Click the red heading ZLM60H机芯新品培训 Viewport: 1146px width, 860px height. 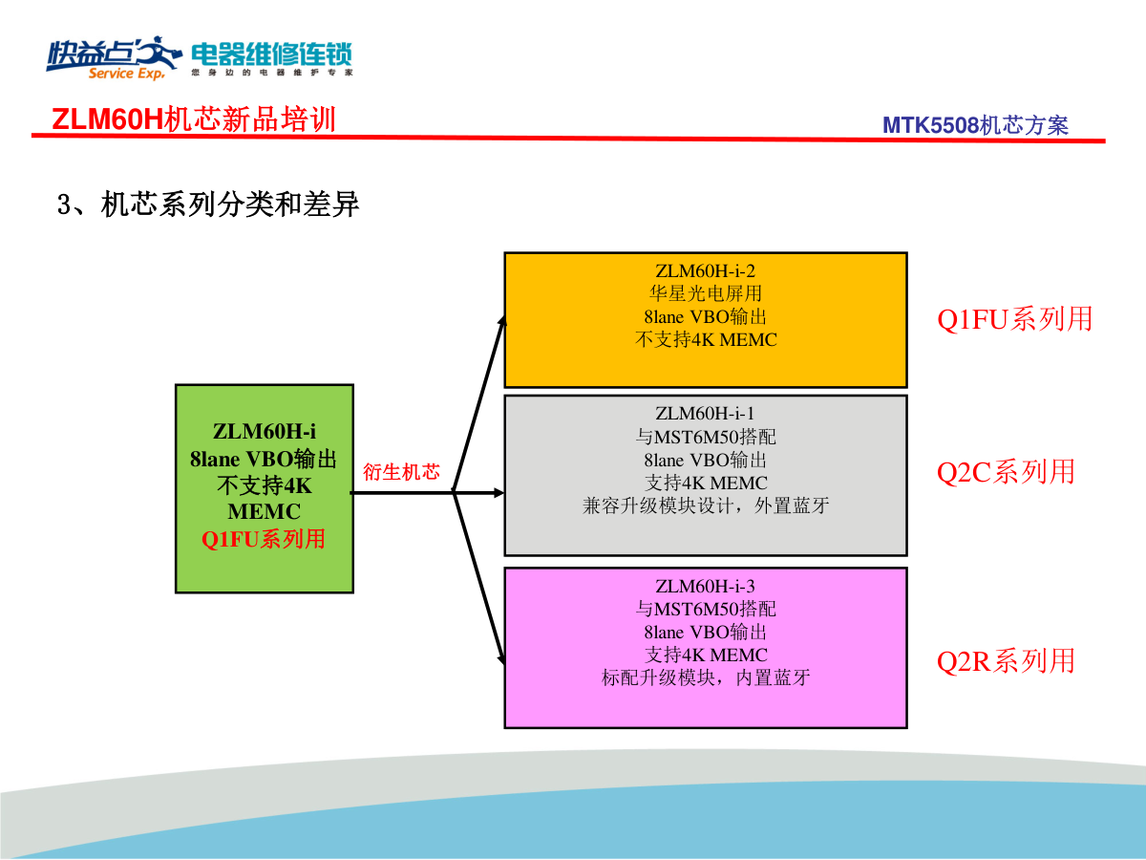click(x=193, y=119)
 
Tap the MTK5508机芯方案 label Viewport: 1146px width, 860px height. click(x=975, y=125)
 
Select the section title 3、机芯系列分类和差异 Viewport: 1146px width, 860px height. click(x=209, y=204)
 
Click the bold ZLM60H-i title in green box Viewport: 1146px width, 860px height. click(x=265, y=432)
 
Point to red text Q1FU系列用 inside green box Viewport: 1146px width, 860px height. click(x=264, y=539)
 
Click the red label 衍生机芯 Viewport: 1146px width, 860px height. click(x=401, y=471)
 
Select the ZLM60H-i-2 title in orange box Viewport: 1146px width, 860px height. click(x=705, y=270)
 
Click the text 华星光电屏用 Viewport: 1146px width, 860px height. click(x=705, y=293)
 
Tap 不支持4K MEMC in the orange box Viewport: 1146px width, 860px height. click(x=705, y=339)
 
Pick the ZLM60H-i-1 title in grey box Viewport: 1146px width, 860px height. click(x=705, y=414)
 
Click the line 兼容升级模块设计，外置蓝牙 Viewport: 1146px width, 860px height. click(x=705, y=505)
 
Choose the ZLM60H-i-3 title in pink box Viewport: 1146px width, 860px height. click(x=705, y=586)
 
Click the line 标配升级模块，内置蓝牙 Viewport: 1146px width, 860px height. click(x=705, y=677)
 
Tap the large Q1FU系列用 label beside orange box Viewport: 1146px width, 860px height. click(x=1014, y=318)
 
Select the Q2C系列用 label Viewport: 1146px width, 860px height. click(x=1006, y=471)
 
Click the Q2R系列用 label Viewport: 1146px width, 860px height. click(x=1006, y=660)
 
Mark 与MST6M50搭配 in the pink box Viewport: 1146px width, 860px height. click(x=705, y=609)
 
